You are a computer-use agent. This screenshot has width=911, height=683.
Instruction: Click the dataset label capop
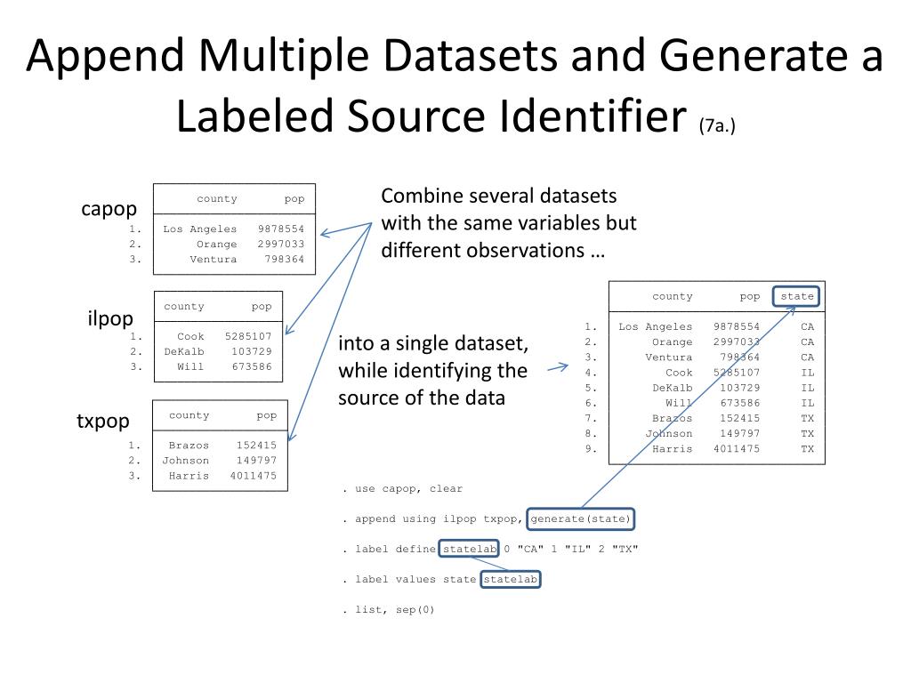coord(109,209)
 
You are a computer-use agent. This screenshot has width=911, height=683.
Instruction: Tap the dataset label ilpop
coord(110,318)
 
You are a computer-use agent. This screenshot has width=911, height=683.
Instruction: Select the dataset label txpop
coord(103,421)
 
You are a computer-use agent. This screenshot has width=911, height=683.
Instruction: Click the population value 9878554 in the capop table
coord(280,229)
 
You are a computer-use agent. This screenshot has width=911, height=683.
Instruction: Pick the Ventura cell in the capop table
coord(214,259)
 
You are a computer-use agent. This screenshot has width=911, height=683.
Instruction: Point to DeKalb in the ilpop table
coord(184,351)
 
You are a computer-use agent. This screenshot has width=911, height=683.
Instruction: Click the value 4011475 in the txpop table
coord(253,476)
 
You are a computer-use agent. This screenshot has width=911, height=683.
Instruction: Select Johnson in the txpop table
coord(186,461)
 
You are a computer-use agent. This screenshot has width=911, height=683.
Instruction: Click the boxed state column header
coord(796,296)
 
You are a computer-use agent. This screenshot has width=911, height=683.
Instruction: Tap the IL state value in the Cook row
coord(807,373)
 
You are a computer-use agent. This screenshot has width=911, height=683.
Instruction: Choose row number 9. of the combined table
coord(591,449)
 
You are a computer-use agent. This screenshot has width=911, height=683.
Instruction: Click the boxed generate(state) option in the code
coord(581,518)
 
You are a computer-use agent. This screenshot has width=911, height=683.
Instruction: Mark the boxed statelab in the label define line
coord(470,549)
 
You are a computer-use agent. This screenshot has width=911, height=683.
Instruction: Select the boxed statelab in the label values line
coord(511,579)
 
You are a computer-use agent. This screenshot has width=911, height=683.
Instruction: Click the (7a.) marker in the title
coord(717,126)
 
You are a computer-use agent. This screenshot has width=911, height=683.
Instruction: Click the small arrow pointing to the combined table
coord(557,366)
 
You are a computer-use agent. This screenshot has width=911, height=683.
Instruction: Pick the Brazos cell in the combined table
coord(672,418)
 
